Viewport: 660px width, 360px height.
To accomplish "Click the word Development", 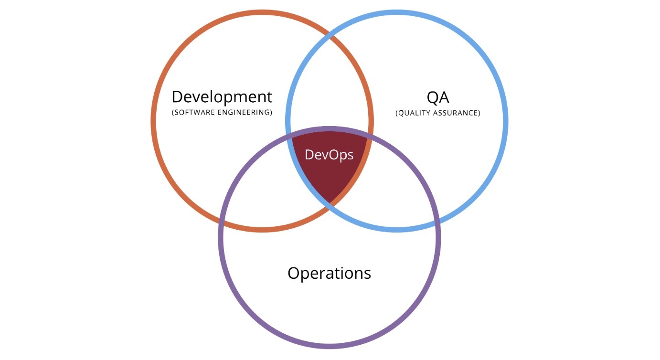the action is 222,97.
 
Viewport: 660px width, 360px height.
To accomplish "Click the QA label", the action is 438,98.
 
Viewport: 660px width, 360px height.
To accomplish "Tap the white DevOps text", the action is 329,155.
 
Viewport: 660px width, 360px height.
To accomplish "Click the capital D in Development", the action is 177,97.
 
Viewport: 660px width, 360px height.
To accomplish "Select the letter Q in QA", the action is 433,98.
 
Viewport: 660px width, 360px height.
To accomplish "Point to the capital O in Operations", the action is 294,274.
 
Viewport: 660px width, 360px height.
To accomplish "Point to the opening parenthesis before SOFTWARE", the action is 173,113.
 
